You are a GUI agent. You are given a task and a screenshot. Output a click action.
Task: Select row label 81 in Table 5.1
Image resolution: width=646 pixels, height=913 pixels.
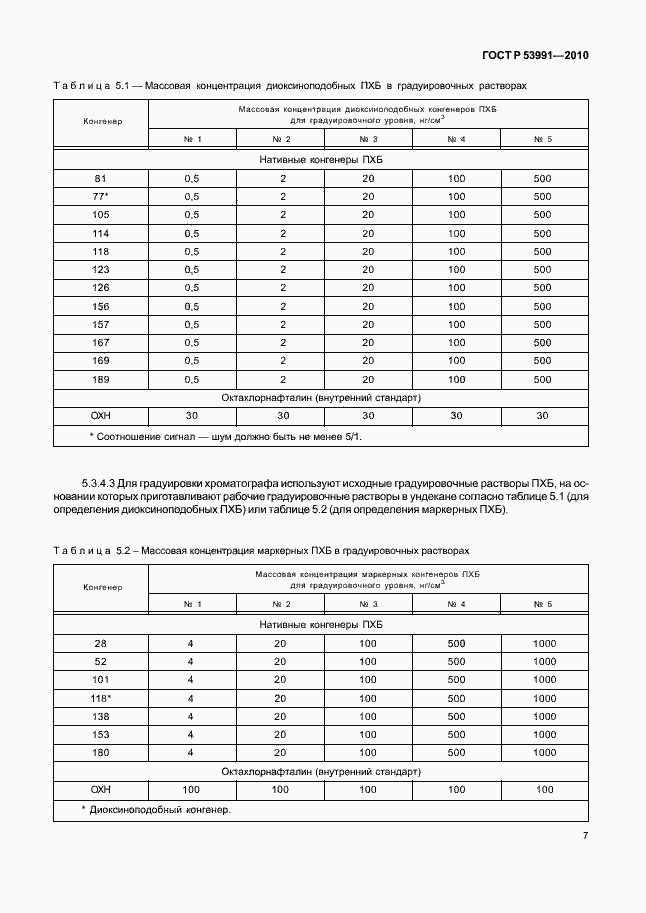click(x=101, y=179)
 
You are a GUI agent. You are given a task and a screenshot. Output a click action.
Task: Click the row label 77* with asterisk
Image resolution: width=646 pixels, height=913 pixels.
click(x=101, y=197)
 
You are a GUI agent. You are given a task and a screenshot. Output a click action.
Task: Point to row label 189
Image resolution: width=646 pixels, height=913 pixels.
click(x=101, y=379)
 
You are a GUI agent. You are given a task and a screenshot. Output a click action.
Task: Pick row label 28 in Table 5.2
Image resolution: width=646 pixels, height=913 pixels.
click(x=101, y=643)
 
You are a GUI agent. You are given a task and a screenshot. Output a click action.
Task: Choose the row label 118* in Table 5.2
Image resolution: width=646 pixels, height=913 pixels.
click(x=101, y=698)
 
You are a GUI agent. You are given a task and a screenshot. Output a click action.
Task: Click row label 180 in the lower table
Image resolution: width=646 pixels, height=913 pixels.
click(x=101, y=752)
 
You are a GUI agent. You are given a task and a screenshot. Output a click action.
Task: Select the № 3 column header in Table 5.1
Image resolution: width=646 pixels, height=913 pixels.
click(x=368, y=139)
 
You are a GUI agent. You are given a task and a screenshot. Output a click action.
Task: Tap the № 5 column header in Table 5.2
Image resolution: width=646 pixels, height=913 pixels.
click(x=544, y=604)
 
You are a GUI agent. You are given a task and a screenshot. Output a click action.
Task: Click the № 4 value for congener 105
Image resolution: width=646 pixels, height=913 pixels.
click(x=457, y=215)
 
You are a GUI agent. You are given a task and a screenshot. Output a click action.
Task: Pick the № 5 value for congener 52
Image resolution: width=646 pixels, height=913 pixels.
click(x=544, y=661)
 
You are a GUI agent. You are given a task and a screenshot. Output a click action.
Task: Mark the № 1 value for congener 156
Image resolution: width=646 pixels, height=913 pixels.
click(x=191, y=306)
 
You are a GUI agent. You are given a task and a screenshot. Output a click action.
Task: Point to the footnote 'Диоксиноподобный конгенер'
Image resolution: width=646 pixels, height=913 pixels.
click(x=160, y=809)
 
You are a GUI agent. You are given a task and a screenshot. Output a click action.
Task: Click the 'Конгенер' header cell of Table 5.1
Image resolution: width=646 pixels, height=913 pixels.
click(x=101, y=121)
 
